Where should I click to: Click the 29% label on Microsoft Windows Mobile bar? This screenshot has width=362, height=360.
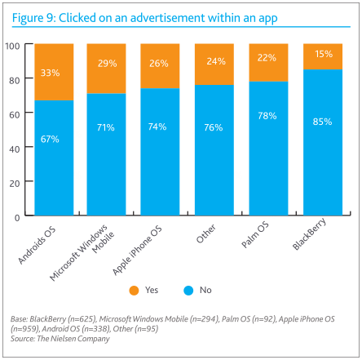[x=105, y=63]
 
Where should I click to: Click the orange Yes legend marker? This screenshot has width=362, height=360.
[x=135, y=290]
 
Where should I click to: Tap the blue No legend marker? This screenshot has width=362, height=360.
[x=192, y=290]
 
